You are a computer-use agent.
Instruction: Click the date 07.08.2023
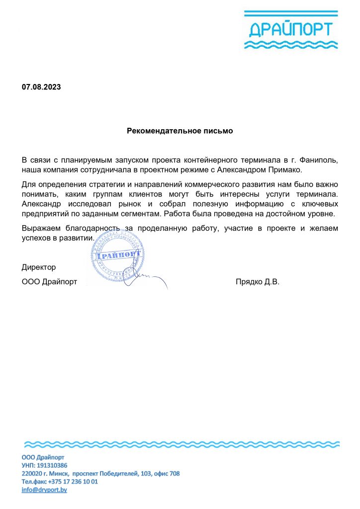click(41, 87)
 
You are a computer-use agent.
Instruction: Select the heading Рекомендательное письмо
click(180, 131)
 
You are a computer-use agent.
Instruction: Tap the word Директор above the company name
click(39, 267)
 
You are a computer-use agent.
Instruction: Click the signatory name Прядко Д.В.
click(258, 282)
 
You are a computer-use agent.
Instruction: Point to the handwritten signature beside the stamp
click(149, 280)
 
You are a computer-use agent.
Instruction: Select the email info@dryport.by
click(44, 490)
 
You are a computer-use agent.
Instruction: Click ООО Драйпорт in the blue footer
click(43, 457)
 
